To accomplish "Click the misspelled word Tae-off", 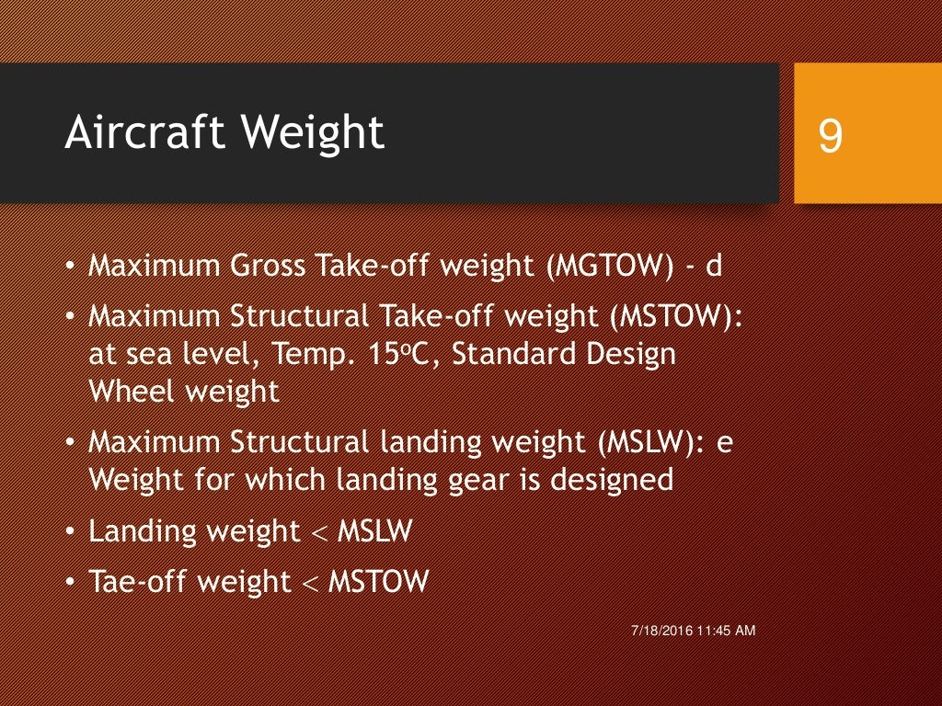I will (134, 581).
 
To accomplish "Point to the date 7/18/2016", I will (661, 631).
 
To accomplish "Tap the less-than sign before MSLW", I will (319, 532).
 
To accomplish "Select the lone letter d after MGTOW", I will (714, 267).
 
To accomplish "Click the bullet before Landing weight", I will (72, 530).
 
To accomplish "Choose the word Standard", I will (509, 355).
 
